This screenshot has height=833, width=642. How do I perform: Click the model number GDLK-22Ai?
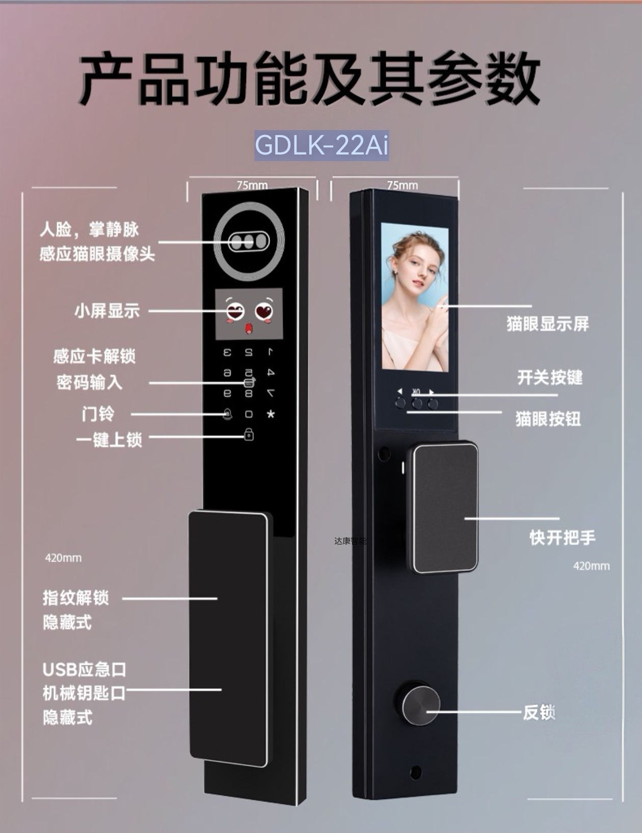point(322,145)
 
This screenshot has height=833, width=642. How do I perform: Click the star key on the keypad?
point(271,414)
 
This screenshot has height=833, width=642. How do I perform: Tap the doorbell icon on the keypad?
point(227,414)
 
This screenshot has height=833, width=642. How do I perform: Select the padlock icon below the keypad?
point(249,434)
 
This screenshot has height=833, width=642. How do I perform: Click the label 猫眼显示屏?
point(547,324)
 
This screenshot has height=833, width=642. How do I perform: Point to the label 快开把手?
point(562,537)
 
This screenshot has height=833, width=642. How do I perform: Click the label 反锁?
point(539,712)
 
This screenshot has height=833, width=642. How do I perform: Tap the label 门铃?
point(98,413)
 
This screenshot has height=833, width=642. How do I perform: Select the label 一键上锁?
point(109,439)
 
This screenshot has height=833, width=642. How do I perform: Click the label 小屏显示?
point(107,310)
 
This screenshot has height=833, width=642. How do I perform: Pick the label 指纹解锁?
point(76,598)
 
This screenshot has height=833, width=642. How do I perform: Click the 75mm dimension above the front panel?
point(252,185)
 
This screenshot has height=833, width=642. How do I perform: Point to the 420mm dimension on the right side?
point(591,566)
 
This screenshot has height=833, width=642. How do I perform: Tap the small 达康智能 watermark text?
point(350,541)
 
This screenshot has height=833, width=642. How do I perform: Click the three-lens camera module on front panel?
point(248,242)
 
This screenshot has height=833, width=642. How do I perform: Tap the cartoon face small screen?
point(249,314)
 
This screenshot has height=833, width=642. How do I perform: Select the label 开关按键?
point(550,378)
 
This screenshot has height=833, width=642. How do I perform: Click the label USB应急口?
point(85,669)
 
